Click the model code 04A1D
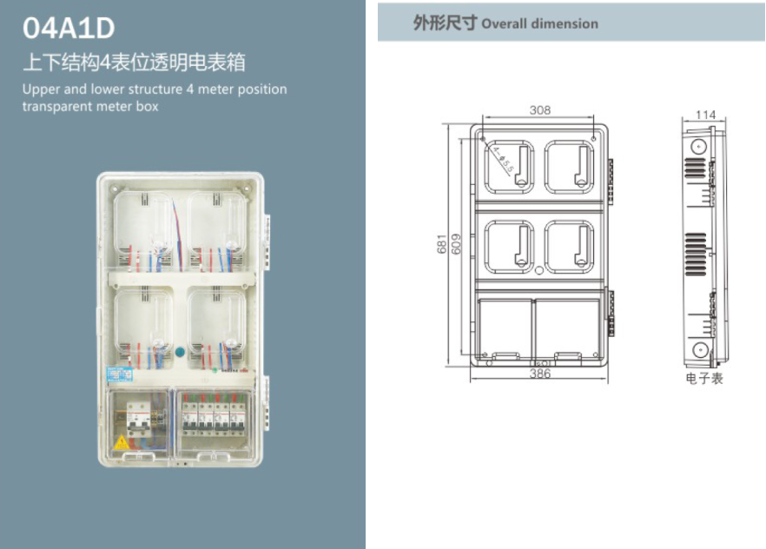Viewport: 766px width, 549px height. [x=69, y=29]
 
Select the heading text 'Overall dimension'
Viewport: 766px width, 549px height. [x=539, y=23]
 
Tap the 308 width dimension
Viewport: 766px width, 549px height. [x=540, y=110]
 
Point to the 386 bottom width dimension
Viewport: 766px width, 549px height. [x=540, y=374]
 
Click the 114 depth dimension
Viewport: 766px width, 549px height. [x=705, y=115]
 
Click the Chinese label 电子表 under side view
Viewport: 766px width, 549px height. [x=703, y=379]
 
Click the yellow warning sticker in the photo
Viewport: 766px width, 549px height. [x=122, y=443]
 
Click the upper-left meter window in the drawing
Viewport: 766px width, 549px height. [x=508, y=166]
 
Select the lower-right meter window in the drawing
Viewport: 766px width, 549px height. [x=570, y=245]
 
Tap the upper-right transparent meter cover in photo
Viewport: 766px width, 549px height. [x=217, y=229]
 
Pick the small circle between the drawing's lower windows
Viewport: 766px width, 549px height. [x=539, y=271]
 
